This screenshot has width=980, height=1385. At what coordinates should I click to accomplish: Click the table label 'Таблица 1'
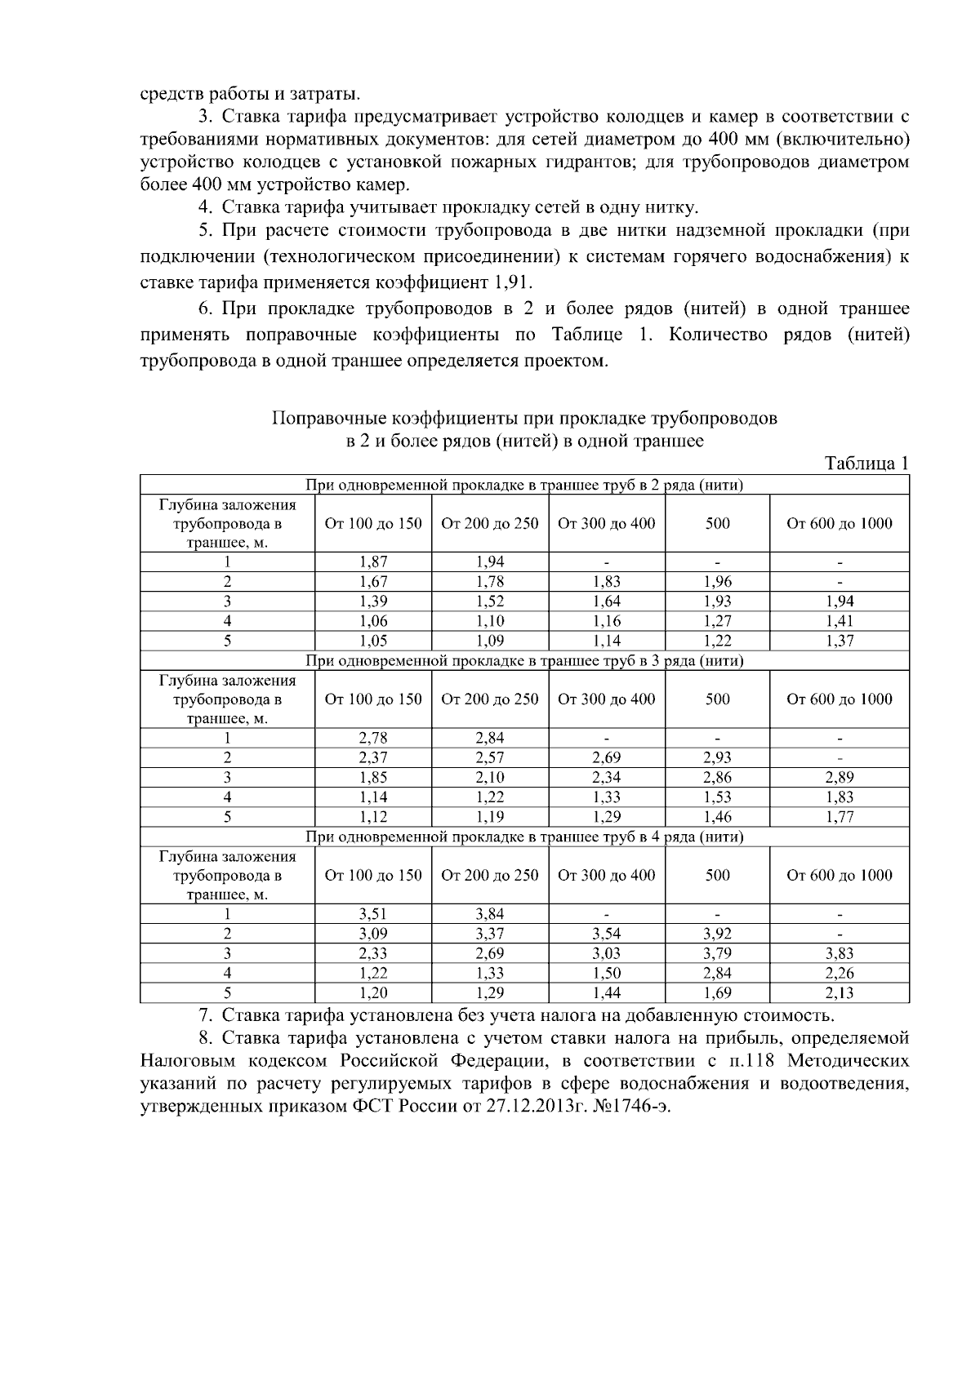[866, 464]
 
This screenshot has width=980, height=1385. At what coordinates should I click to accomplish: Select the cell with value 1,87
[373, 562]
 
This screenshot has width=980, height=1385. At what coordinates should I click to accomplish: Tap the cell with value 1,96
[717, 582]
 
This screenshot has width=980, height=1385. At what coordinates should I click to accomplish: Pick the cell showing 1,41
[839, 621]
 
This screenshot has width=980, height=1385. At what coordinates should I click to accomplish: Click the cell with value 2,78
[373, 738]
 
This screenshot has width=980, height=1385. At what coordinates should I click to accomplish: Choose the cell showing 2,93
[717, 758]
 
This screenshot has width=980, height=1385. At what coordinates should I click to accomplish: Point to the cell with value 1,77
[839, 816]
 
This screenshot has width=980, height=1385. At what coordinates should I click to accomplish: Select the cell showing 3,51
[373, 914]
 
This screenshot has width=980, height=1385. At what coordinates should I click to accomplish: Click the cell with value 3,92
[717, 934]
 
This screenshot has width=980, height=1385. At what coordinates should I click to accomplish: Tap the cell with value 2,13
[839, 992]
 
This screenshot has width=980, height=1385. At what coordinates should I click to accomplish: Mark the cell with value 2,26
[839, 973]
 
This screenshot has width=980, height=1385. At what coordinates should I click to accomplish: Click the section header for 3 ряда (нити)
[524, 660]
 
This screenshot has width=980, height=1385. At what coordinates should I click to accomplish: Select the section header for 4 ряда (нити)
[524, 837]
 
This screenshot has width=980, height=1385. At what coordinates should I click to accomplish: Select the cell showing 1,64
[606, 601]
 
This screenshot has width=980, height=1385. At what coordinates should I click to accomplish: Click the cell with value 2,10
[489, 777]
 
